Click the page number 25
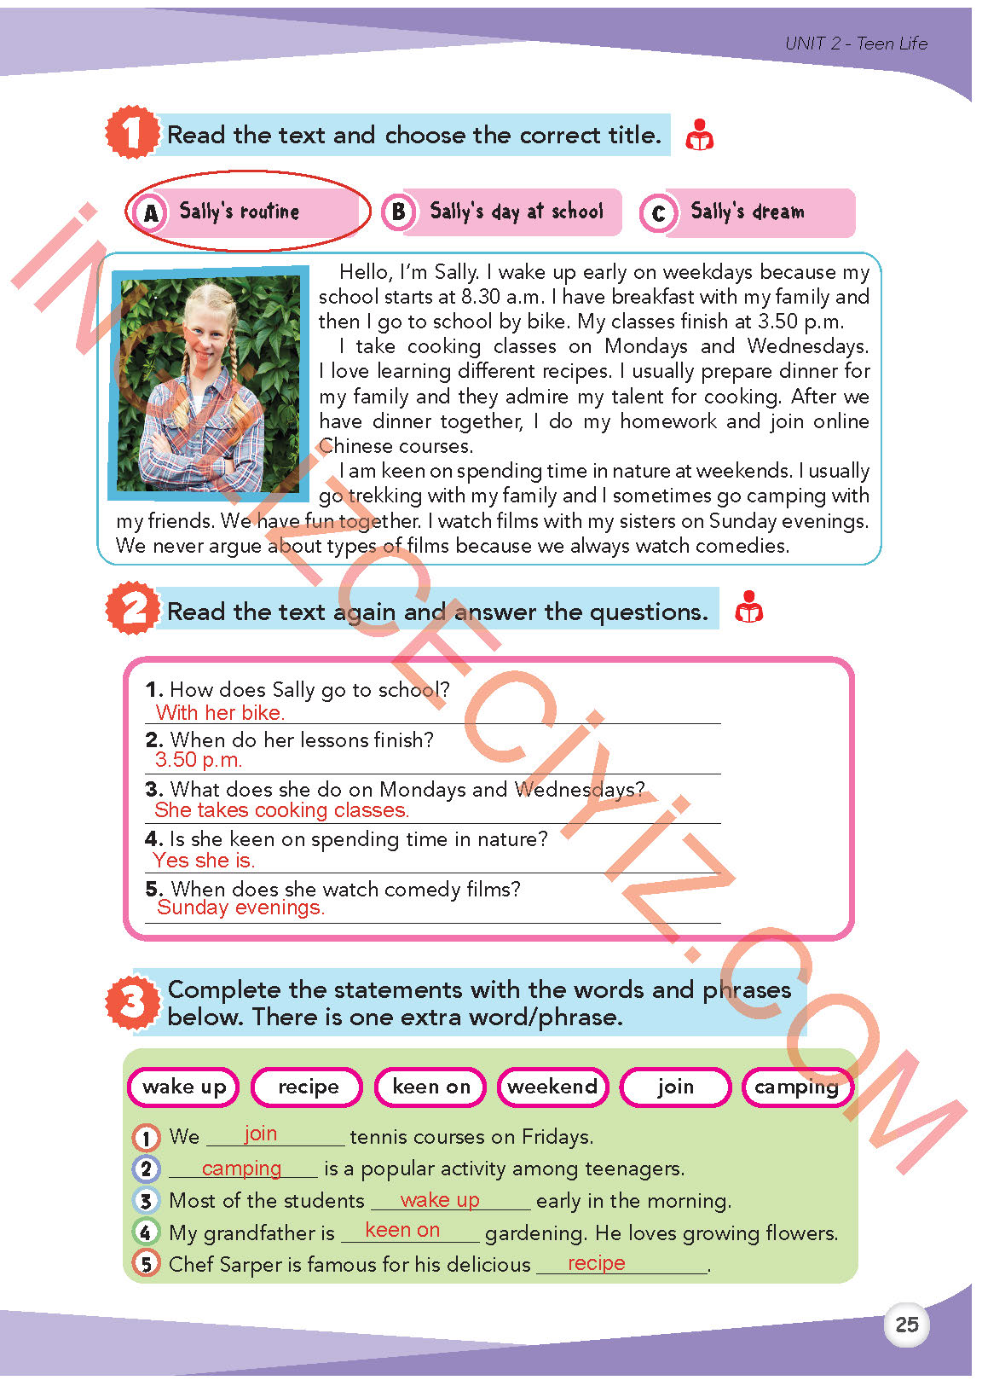[906, 1325]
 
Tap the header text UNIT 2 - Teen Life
[856, 43]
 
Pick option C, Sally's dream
[747, 212]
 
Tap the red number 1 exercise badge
[131, 133]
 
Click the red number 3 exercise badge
[133, 1003]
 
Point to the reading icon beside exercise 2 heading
[748, 607]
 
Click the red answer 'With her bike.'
[220, 713]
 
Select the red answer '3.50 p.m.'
[199, 760]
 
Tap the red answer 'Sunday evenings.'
[240, 908]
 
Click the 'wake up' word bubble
[184, 1087]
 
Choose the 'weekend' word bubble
[552, 1087]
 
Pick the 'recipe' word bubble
[308, 1087]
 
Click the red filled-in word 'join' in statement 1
[260, 1134]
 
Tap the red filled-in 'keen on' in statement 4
[402, 1230]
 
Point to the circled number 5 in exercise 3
[147, 1263]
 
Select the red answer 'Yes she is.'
[204, 861]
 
